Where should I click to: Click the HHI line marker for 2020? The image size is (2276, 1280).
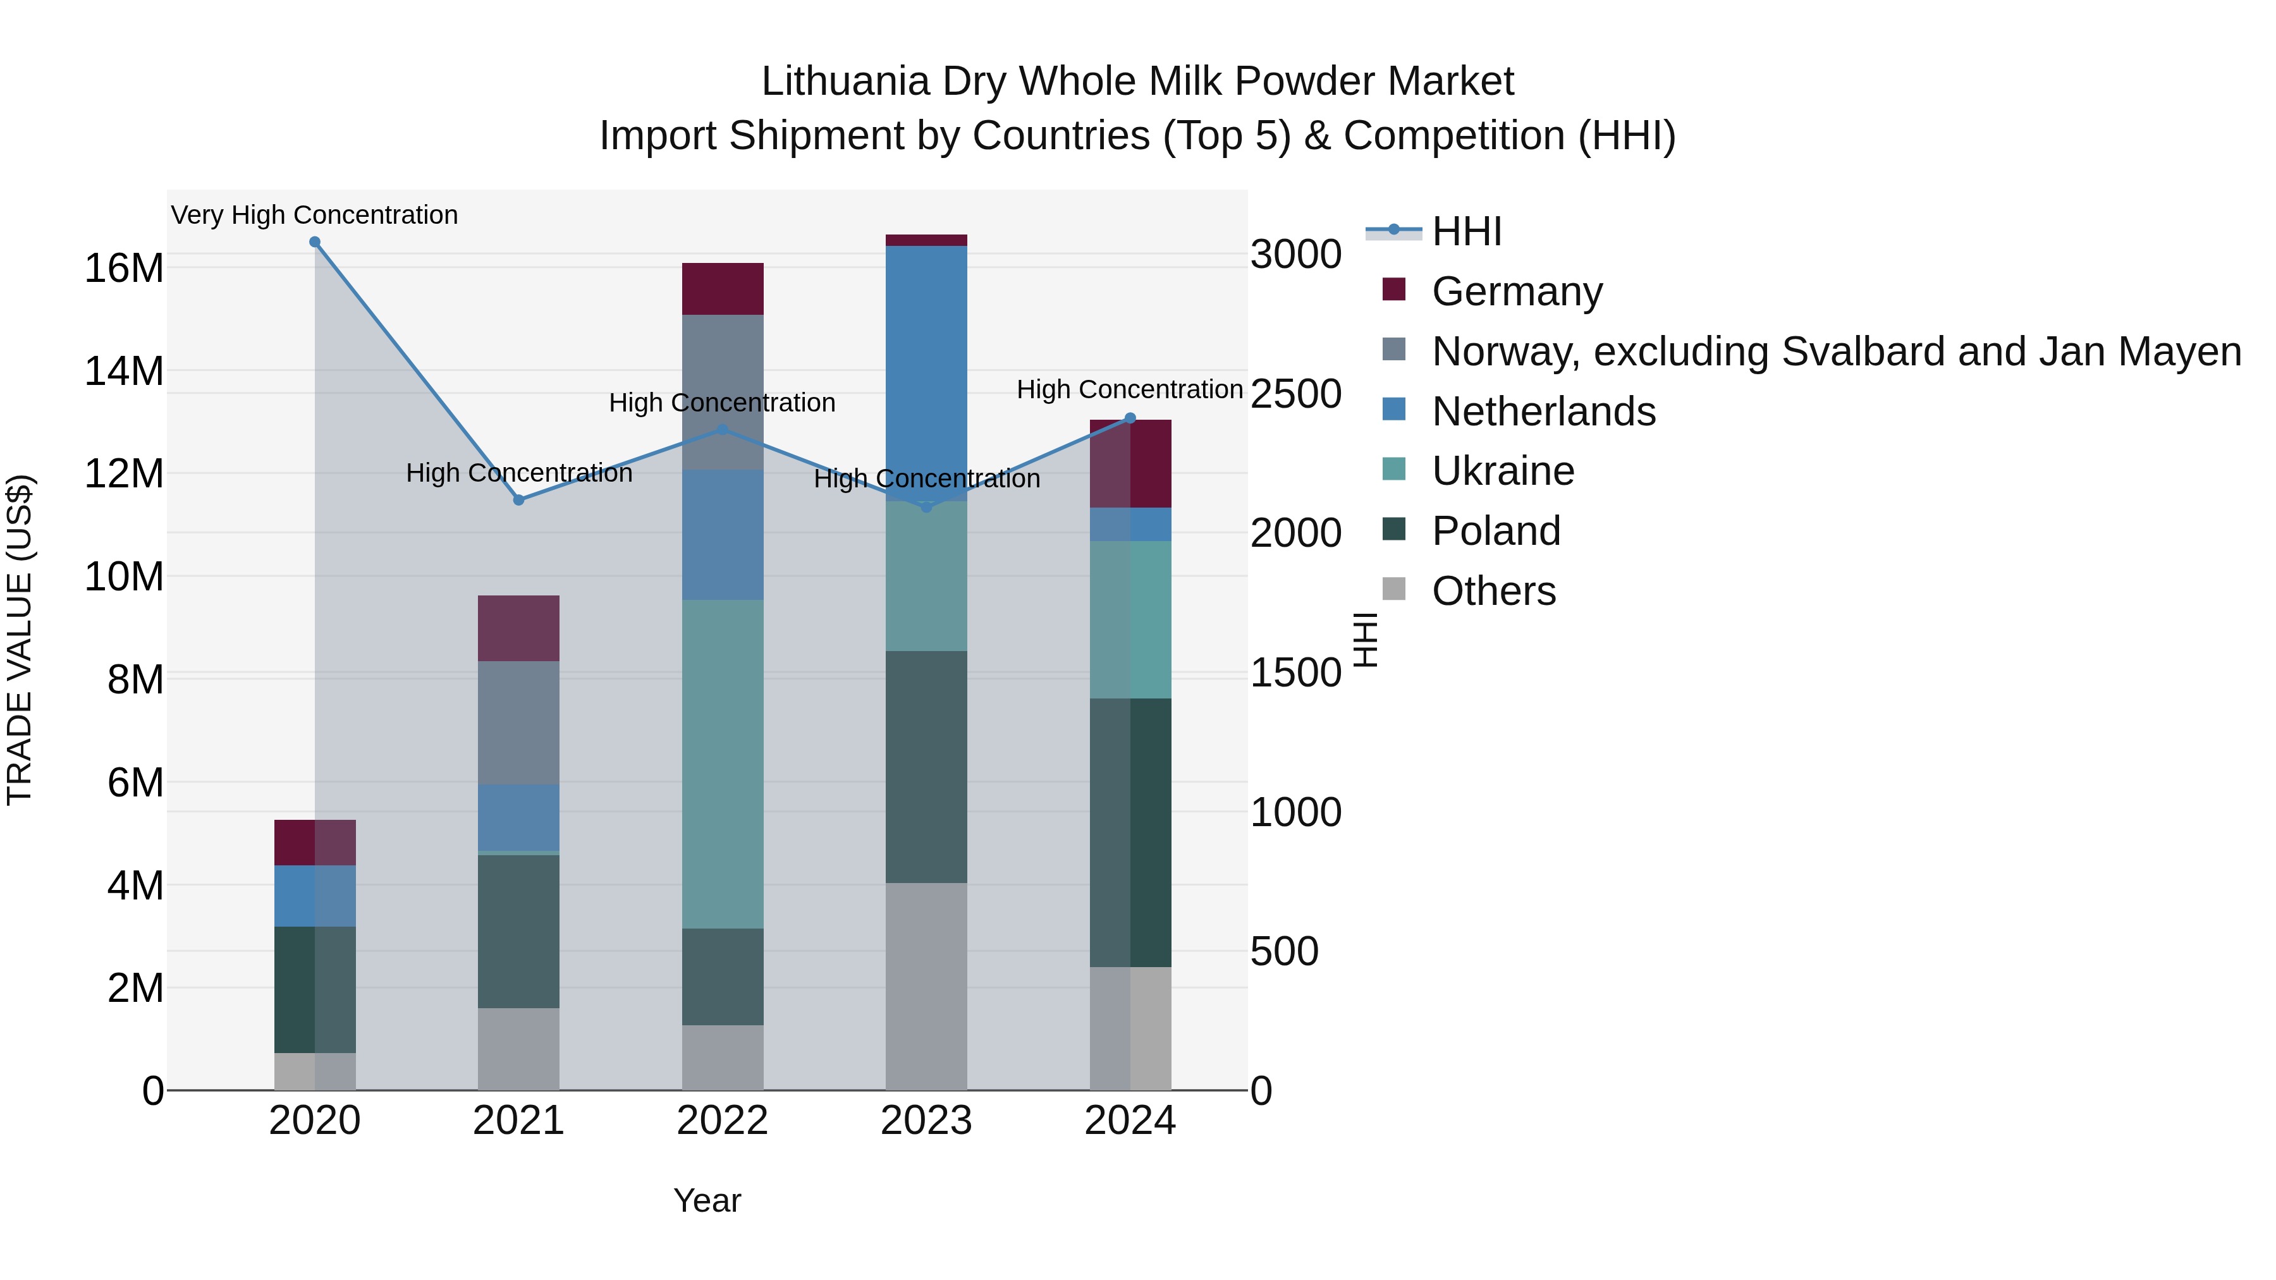coord(315,242)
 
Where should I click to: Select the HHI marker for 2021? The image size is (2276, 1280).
coord(518,500)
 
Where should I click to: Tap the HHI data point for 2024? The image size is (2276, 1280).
coord(1130,418)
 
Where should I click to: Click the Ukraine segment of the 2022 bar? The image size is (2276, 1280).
coord(722,764)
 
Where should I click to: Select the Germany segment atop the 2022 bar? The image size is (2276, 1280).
coord(722,289)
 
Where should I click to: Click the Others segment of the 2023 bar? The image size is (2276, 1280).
coord(926,986)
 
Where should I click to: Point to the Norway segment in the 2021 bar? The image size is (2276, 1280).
coord(518,722)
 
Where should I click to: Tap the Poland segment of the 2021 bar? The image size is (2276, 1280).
coord(518,931)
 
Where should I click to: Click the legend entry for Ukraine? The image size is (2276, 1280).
coord(1502,471)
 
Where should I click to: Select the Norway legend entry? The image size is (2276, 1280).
coord(1835,351)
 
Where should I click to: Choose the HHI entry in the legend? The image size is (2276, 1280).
coord(1467,231)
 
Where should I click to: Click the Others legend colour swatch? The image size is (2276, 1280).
coord(1393,589)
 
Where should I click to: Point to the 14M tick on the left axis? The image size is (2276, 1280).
coord(124,371)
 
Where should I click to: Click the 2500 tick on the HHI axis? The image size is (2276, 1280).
coord(1295,394)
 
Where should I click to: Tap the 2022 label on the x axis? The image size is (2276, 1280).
coord(722,1121)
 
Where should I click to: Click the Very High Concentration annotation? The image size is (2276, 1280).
coord(315,215)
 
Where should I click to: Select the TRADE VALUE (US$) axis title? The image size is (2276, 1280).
coord(20,640)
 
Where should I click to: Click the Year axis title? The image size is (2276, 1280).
coord(707,1200)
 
